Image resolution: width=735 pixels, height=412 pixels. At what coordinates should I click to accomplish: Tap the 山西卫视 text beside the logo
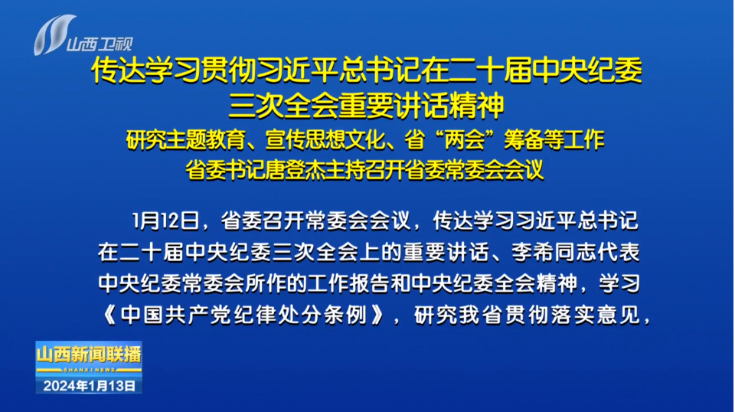(x=100, y=44)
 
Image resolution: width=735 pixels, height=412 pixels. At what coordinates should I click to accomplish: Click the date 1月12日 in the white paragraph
(x=165, y=221)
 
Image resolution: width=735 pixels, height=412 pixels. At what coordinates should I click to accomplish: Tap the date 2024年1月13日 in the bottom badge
(x=89, y=386)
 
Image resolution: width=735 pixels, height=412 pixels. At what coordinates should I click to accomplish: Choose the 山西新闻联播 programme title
(x=89, y=355)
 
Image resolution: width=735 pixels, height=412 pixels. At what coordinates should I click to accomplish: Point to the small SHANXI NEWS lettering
(x=89, y=370)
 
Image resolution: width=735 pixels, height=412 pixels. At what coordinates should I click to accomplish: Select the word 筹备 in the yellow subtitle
(x=524, y=139)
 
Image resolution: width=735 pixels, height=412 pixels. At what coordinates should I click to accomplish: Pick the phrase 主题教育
(x=206, y=139)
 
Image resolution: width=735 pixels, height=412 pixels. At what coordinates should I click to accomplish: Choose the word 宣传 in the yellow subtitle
(x=286, y=139)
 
